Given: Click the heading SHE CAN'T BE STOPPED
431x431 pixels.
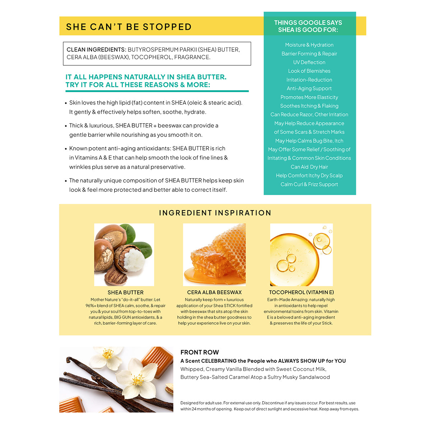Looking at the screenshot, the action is (129, 27).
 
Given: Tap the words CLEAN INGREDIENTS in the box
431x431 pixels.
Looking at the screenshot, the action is (96, 50).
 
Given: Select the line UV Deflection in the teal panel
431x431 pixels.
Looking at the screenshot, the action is (309, 62).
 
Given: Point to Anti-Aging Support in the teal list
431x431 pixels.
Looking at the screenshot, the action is (309, 88).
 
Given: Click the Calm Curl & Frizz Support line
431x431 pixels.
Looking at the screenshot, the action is (309, 184).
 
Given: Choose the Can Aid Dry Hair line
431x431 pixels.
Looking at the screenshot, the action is (309, 167).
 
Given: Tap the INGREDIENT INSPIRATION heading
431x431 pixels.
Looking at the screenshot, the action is (215, 213).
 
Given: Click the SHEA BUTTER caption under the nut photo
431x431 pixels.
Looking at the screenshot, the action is (125, 292).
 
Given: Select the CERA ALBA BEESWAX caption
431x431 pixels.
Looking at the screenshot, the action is (214, 292).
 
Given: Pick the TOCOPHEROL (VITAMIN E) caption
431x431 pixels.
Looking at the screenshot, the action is (301, 292).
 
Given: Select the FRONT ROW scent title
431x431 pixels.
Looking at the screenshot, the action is (199, 352).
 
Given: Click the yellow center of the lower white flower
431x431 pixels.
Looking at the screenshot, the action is (138, 380).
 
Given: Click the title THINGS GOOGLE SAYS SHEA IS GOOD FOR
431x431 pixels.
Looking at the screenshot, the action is (308, 26).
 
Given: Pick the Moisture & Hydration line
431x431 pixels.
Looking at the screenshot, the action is (309, 45).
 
